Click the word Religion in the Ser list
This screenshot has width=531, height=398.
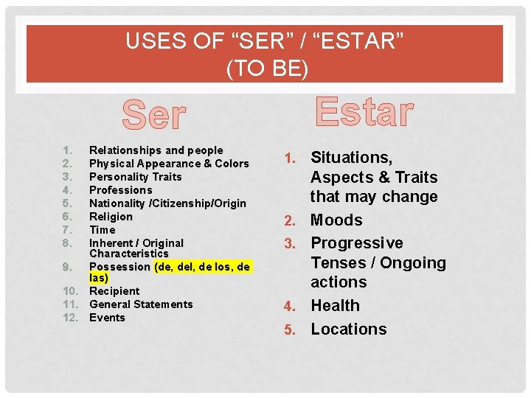click(111, 217)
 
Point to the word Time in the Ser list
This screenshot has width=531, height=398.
click(102, 230)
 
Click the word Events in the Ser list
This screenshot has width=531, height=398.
click(107, 318)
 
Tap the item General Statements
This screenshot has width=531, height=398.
click(141, 304)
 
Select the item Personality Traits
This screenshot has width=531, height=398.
click(135, 177)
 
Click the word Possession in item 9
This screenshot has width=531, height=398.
click(119, 266)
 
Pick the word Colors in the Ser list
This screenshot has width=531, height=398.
click(232, 164)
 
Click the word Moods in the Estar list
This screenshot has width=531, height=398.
click(336, 220)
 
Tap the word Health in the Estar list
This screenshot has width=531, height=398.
click(335, 306)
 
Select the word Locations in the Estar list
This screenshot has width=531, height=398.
click(348, 329)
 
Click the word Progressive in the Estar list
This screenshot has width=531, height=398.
click(357, 243)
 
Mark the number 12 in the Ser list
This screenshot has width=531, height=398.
click(72, 318)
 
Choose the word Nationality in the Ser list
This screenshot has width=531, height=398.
click(117, 203)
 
